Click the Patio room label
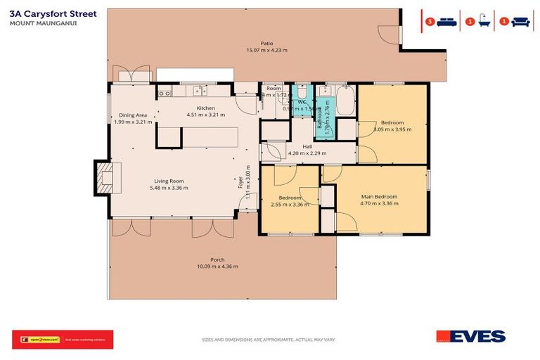point(266,43)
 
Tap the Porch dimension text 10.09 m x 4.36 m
point(217,266)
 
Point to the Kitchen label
point(205,108)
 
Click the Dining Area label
point(132,115)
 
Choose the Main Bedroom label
point(379,196)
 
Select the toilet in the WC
point(301,92)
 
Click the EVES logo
point(470,336)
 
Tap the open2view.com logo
point(37,339)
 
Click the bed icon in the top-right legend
point(446,22)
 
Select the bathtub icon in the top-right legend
point(484,22)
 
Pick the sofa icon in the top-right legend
point(520,22)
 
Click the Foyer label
point(240,184)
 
